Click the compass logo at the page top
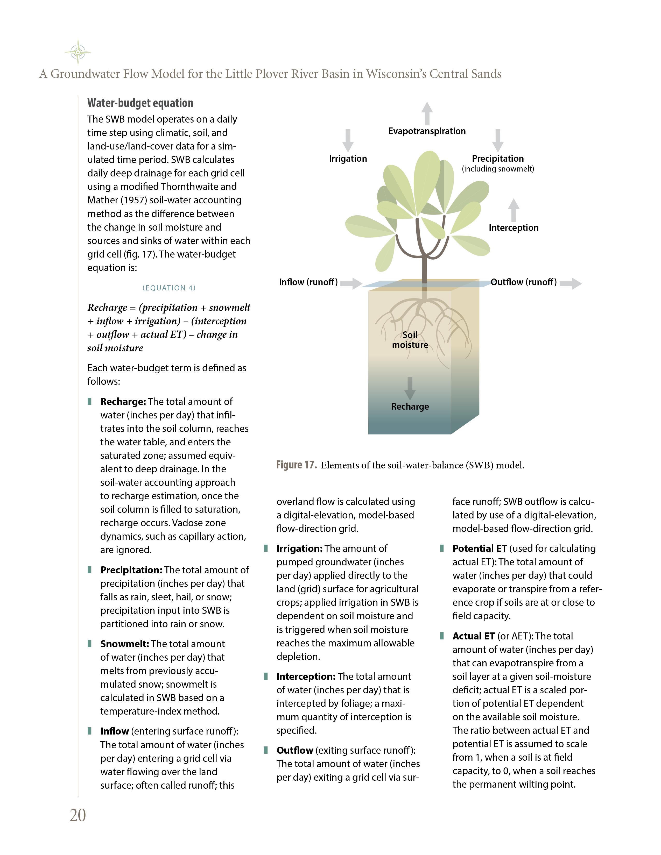78,52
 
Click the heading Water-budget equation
140,103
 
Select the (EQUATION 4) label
169,288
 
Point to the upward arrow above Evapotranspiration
427,113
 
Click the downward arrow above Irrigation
348,140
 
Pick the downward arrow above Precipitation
498,140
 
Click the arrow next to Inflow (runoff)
351,283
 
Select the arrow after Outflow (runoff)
571,283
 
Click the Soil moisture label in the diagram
410,340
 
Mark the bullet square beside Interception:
266,676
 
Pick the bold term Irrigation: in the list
300,548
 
